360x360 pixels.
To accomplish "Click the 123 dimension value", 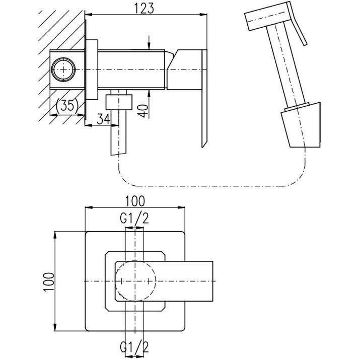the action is [x=144, y=9].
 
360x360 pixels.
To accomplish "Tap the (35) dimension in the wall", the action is [x=67, y=106].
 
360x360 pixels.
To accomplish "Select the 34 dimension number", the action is [x=103, y=119].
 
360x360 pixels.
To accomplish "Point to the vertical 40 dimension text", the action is [x=144, y=111].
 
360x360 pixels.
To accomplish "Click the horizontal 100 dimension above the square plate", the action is [x=135, y=201].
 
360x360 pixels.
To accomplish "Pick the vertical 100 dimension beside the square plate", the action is [x=49, y=282].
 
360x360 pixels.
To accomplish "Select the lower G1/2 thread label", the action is [x=134, y=347].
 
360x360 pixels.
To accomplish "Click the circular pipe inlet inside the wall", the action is [x=63, y=69].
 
